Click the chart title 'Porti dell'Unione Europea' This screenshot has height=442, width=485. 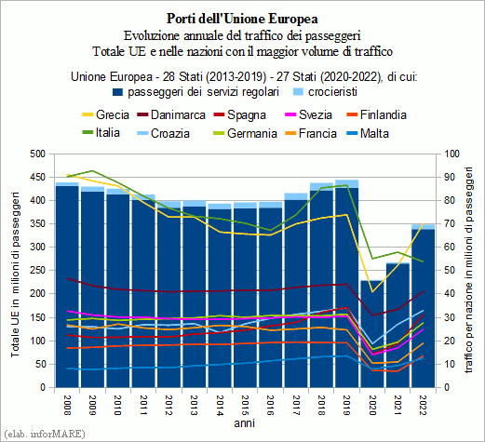click(x=242, y=19)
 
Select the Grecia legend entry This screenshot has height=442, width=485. click(x=106, y=114)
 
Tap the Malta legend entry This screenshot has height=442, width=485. click(x=368, y=133)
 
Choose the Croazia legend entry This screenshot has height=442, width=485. click(x=164, y=133)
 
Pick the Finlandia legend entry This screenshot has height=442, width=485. click(x=376, y=114)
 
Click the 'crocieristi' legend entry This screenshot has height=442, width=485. click(x=326, y=92)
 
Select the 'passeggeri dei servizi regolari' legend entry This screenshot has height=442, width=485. click(x=195, y=92)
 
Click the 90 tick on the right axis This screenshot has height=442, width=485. click(x=450, y=177)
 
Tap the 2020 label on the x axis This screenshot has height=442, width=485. click(x=371, y=405)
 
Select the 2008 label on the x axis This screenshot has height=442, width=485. click(x=67, y=405)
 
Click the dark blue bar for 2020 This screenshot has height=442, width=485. click(x=372, y=334)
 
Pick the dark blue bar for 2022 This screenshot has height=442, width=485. click(x=424, y=309)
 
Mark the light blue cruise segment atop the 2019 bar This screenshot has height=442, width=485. click(x=347, y=183)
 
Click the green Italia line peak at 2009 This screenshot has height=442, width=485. click(x=92, y=170)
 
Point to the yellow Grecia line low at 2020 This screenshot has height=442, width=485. click(x=372, y=292)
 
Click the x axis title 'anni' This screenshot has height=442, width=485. click(x=245, y=423)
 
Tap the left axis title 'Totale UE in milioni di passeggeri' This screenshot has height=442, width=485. click(x=15, y=275)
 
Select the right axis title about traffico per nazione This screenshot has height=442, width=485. click(x=469, y=270)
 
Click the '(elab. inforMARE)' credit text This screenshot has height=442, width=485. click(x=44, y=434)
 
